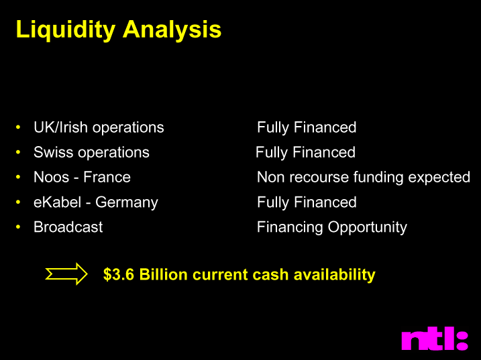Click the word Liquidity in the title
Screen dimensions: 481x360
point(66,29)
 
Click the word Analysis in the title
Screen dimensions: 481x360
point(172,29)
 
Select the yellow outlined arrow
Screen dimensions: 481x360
point(66,274)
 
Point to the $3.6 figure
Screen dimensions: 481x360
point(119,274)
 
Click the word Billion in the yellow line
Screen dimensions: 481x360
point(163,274)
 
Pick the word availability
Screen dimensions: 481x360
point(334,275)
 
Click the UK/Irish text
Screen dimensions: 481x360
point(61,127)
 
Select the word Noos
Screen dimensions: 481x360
point(51,177)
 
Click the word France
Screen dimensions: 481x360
point(107,177)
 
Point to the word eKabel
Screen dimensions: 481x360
point(58,202)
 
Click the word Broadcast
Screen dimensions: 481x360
point(68,227)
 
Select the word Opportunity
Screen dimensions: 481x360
point(367,228)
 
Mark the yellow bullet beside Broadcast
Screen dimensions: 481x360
point(18,227)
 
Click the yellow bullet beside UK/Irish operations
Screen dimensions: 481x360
point(18,127)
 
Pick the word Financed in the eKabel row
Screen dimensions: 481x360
point(325,202)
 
